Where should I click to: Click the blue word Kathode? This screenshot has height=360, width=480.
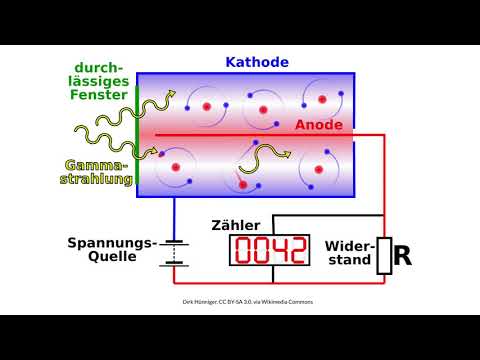point(257,62)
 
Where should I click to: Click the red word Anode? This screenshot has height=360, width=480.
point(319,125)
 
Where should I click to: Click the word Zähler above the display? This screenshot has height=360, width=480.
point(238,225)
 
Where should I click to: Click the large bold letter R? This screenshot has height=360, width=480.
point(402,257)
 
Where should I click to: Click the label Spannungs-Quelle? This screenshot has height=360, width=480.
point(112,249)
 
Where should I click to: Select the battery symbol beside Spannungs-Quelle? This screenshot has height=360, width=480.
point(176,252)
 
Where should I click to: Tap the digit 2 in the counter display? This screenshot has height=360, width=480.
point(293,251)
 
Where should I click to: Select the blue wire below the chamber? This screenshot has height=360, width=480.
point(176,215)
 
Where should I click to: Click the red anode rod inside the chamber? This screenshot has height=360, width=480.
point(250,134)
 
